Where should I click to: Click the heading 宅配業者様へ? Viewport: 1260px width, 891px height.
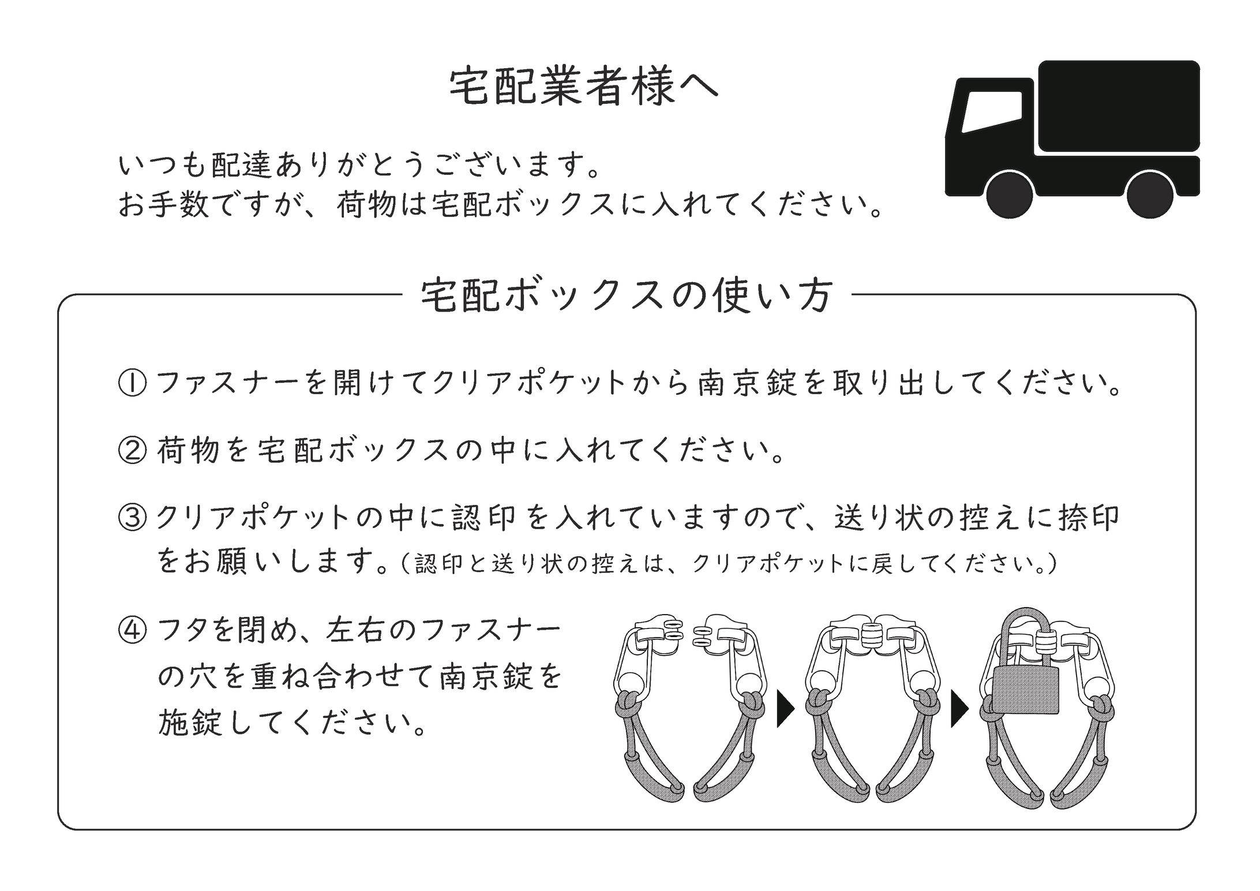click(584, 89)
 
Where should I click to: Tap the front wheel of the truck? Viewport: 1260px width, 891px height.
click(1009, 194)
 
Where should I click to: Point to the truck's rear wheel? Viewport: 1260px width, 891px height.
click(1150, 194)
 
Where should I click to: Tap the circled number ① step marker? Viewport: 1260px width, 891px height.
click(132, 383)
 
